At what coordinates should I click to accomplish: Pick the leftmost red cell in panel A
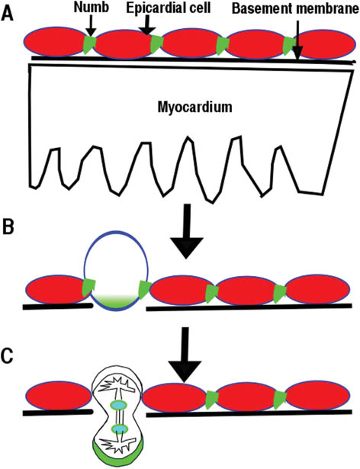56,44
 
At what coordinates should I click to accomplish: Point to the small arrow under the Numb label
89,27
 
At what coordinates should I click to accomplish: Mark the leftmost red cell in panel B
55,291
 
